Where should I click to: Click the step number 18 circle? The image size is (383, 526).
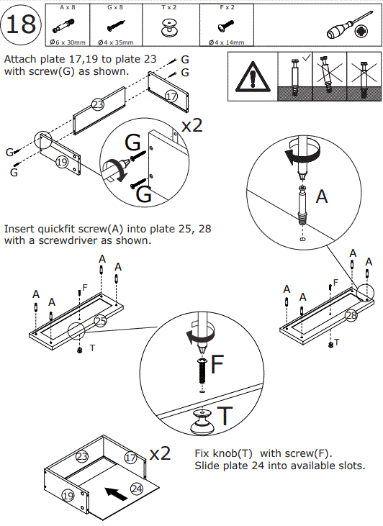click(21, 24)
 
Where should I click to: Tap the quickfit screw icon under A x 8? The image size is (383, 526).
click(63, 26)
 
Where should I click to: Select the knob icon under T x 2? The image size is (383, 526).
click(169, 27)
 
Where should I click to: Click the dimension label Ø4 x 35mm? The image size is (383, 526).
click(116, 42)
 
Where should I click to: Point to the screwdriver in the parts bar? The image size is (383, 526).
click(350, 25)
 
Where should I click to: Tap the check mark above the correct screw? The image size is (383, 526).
click(306, 58)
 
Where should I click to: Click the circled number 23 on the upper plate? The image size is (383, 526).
click(98, 104)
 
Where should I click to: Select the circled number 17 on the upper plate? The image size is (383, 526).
click(171, 96)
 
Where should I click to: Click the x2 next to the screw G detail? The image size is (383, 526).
click(192, 125)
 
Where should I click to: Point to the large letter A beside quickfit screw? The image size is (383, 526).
click(322, 196)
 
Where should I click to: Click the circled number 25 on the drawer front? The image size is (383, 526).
click(100, 321)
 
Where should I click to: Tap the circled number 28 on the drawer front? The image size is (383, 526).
click(351, 315)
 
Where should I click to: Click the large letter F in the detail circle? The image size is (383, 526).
click(217, 364)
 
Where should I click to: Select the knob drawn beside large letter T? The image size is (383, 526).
click(202, 422)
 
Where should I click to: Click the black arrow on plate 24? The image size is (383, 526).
click(116, 494)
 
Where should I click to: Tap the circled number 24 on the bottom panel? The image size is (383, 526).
click(136, 489)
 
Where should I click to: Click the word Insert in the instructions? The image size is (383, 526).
click(19, 229)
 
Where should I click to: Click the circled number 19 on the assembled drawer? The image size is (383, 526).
click(68, 496)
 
